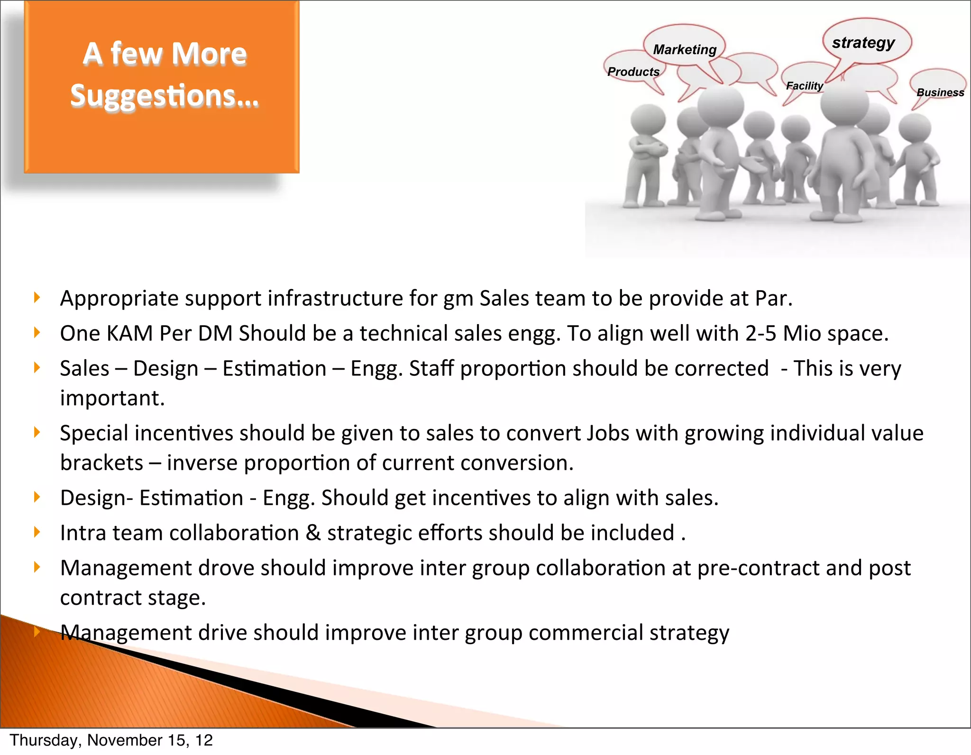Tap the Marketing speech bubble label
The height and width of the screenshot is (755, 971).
click(685, 50)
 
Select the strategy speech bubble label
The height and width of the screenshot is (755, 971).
click(863, 43)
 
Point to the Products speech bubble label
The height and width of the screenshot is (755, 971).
click(633, 72)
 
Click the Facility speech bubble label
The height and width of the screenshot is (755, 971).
click(804, 86)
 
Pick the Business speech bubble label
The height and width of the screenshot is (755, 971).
click(940, 92)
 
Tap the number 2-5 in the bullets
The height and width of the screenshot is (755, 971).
click(760, 333)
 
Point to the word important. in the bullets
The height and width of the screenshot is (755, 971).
click(112, 398)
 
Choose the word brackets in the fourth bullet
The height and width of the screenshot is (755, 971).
click(101, 463)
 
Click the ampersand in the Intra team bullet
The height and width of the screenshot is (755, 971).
click(313, 533)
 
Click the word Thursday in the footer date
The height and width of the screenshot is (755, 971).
click(46, 740)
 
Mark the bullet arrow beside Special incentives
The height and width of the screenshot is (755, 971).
click(37, 432)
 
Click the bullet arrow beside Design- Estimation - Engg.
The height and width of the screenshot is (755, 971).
click(37, 497)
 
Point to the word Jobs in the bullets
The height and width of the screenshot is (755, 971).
click(608, 433)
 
